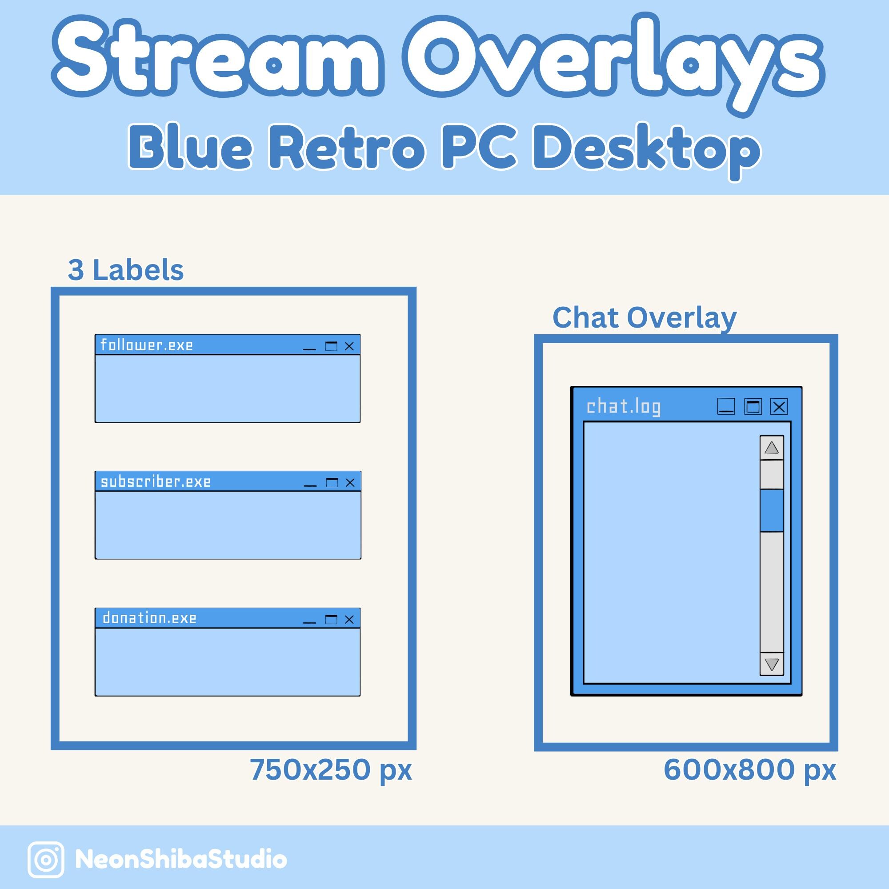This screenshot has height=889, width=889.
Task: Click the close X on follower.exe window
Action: [x=349, y=346]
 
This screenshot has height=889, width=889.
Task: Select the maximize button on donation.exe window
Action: [x=331, y=619]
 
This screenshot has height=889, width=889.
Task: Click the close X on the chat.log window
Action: [x=779, y=407]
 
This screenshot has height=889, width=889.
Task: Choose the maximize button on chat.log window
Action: [x=753, y=407]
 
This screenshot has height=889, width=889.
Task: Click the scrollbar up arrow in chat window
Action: [x=772, y=448]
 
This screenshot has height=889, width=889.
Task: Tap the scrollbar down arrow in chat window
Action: [x=772, y=664]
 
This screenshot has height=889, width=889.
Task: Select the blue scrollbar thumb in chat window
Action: [x=772, y=510]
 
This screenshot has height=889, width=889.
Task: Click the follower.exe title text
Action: [x=147, y=345]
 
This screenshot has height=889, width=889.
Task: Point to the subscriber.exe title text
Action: [x=156, y=482]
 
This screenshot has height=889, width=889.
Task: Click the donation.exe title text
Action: [x=149, y=618]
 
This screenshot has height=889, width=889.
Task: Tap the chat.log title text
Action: [x=624, y=407]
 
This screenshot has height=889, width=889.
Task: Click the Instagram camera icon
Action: [x=46, y=860]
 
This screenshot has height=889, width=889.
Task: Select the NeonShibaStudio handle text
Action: [x=181, y=860]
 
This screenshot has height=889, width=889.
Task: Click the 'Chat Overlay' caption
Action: [x=644, y=317]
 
